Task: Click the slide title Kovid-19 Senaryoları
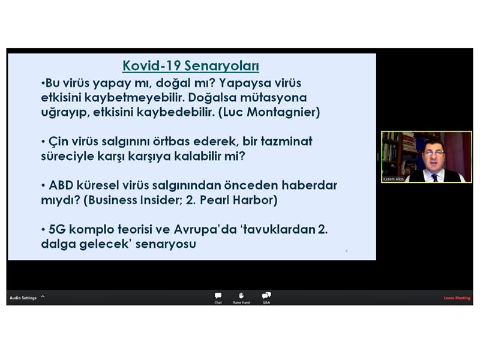(x=191, y=66)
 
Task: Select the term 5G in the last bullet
(x=57, y=229)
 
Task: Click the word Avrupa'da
(x=205, y=229)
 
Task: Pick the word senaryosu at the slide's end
(x=166, y=244)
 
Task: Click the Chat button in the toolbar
(x=218, y=298)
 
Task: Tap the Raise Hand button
(x=242, y=298)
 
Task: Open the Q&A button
(x=266, y=298)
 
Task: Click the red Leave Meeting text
(x=457, y=298)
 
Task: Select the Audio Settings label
(x=23, y=298)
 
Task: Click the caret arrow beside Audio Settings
(x=43, y=296)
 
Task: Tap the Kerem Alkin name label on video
(x=394, y=179)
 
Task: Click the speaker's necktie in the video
(x=434, y=178)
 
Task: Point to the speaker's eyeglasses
(x=434, y=153)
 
